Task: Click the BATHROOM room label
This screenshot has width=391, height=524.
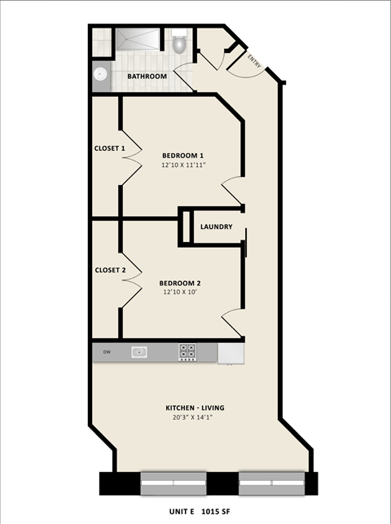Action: [147, 77]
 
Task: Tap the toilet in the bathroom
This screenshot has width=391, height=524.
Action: [180, 42]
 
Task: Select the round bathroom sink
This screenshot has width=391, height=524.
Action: [99, 75]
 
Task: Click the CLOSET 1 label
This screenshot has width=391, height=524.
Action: [110, 148]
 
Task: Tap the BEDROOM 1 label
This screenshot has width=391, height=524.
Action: [182, 156]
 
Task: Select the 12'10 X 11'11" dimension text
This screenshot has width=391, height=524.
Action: [182, 165]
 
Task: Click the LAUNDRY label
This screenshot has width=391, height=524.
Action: [217, 227]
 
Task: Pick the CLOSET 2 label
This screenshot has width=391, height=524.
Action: [110, 270]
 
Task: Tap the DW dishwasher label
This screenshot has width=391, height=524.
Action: [106, 352]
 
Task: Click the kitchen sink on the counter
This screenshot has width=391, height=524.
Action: [139, 352]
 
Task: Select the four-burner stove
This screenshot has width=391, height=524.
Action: [187, 352]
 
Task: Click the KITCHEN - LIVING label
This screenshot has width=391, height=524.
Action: [195, 407]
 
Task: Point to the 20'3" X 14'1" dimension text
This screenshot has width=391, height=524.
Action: [195, 417]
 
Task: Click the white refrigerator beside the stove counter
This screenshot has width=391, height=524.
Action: [231, 352]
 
